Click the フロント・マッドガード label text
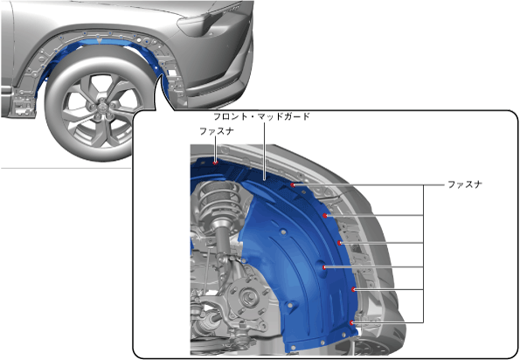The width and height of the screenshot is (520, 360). (261, 117)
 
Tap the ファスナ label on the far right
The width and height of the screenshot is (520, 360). (465, 184)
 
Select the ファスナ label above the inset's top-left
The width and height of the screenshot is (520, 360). (217, 131)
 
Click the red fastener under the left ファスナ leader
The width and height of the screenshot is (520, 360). (216, 163)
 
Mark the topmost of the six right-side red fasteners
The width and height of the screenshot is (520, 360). (293, 185)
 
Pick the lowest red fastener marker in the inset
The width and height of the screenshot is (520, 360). (352, 322)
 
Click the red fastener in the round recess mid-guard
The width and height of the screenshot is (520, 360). (324, 267)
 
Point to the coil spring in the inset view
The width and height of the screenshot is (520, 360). (218, 198)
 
